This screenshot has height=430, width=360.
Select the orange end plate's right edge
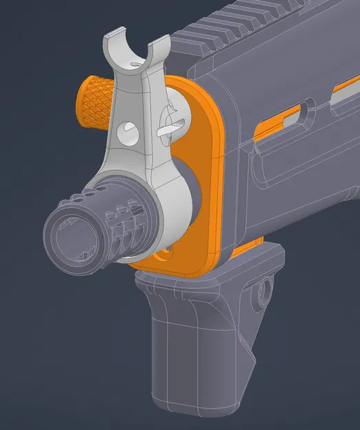point(219,179)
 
